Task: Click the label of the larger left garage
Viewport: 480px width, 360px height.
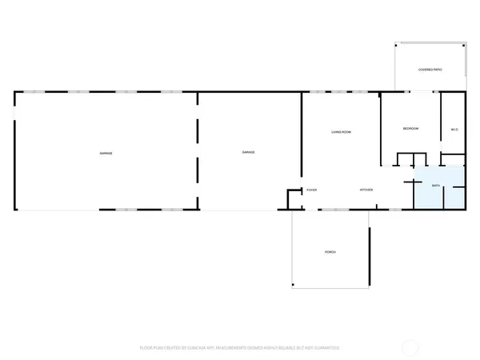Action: [x=106, y=152]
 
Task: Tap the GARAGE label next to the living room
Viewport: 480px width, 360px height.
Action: [x=249, y=152]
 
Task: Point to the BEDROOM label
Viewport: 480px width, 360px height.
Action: [x=410, y=129]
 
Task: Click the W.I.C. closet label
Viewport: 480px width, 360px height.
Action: [x=454, y=130]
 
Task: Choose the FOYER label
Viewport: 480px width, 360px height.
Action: [x=312, y=190]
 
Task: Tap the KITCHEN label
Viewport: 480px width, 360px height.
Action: [x=366, y=190]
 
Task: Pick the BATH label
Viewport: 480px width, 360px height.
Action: [x=435, y=186]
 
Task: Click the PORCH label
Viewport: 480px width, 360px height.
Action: [x=330, y=252]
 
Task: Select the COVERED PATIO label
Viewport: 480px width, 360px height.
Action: [x=430, y=70]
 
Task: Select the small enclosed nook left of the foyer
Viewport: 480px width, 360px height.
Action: [x=294, y=199]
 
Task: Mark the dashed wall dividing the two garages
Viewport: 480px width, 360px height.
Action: [x=198, y=152]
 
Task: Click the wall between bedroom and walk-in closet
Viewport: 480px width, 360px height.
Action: [x=440, y=124]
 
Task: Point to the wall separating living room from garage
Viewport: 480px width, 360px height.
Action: [x=302, y=136]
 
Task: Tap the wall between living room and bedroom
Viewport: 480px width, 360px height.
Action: [x=380, y=128]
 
